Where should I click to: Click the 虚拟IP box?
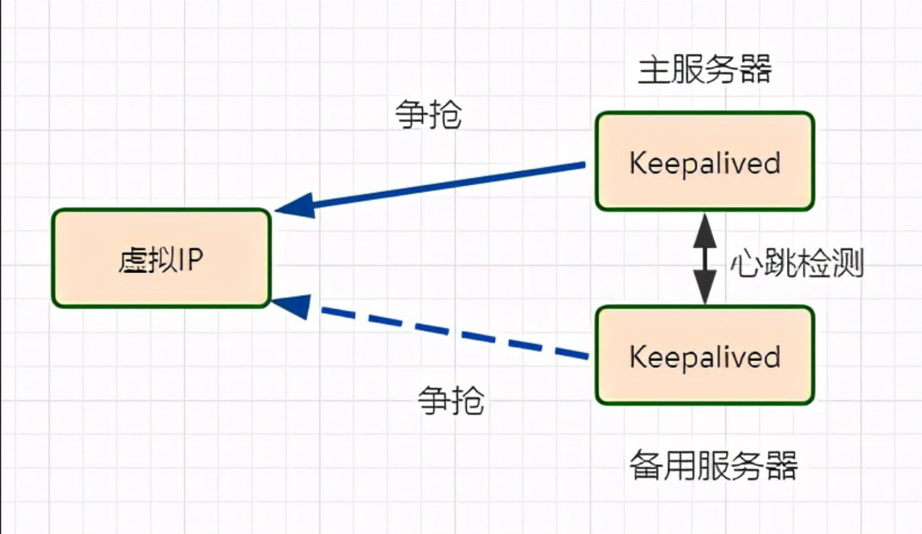[161, 258]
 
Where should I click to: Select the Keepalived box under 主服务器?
[704, 161]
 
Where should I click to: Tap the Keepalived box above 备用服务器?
[704, 355]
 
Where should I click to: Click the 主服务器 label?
[704, 69]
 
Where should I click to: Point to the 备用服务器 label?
[713, 466]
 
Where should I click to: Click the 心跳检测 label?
[797, 263]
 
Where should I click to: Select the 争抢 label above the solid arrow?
[428, 114]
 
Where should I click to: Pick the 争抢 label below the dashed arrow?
[451, 401]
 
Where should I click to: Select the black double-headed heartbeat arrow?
[704, 258]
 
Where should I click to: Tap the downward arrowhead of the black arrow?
[704, 287]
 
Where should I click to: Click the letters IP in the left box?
[191, 259]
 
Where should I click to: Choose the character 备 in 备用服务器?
[645, 466]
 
